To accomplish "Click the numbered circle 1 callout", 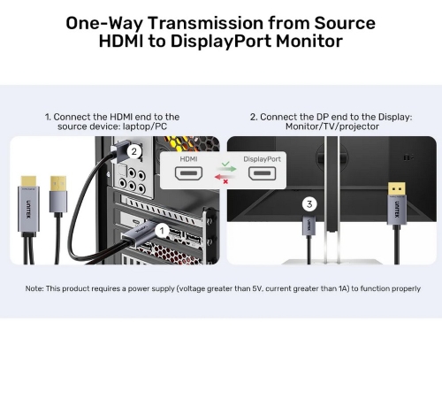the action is tap(162, 231).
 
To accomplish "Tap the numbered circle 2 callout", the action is tap(134, 151).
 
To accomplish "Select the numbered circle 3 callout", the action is tap(309, 204).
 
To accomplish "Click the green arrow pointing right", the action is tap(227, 169).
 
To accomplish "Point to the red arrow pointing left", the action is tap(225, 177).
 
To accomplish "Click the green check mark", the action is tap(225, 164).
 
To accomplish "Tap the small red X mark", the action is tap(225, 181).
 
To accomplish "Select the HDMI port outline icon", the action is tap(188, 173).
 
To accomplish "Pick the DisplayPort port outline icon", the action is tap(262, 173).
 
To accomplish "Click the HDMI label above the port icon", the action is tap(188, 159).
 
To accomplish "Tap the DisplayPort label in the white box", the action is tap(262, 159).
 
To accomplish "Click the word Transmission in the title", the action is tap(205, 23).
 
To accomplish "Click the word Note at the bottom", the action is tap(34, 288).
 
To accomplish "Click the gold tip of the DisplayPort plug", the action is tap(396, 188).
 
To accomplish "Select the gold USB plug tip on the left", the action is tap(58, 183).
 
